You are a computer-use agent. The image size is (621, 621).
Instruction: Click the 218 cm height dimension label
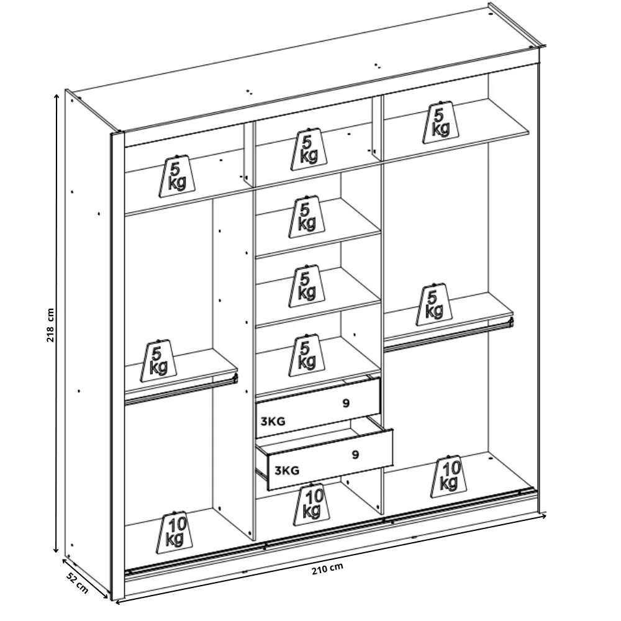(50, 325)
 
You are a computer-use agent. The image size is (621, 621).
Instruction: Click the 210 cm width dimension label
(327, 569)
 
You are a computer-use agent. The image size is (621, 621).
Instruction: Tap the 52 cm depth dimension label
(77, 582)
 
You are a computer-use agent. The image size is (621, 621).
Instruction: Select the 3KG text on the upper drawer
(273, 422)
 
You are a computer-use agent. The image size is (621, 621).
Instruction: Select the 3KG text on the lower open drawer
(287, 471)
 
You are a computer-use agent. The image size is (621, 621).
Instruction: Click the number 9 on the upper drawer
(346, 404)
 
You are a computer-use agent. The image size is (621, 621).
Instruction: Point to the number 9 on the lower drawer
(355, 455)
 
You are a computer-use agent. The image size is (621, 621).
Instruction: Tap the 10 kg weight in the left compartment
(175, 532)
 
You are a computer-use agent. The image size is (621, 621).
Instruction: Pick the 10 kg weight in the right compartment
(449, 476)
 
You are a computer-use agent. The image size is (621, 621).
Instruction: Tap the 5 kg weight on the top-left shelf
(177, 176)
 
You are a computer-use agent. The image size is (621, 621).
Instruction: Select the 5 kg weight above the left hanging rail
(158, 360)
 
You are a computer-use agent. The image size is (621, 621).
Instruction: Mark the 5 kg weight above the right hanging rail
(433, 304)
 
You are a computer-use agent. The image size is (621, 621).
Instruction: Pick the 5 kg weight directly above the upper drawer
(307, 355)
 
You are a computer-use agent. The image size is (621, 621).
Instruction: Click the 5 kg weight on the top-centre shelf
(309, 149)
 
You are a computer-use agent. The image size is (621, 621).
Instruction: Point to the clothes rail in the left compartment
(181, 391)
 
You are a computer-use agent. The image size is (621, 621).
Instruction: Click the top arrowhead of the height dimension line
(57, 97)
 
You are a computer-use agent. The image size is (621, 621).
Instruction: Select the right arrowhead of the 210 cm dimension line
(544, 515)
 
